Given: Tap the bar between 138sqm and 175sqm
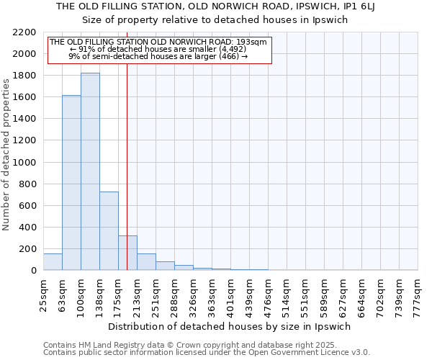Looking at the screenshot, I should click(109, 230).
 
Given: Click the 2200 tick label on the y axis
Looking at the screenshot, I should click(24, 32).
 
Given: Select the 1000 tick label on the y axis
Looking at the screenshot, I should click(24, 163).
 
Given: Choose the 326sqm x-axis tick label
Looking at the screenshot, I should click(193, 295).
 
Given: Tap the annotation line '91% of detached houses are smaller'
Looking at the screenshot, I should click(158, 49).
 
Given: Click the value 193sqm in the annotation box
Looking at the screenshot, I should click(253, 42).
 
